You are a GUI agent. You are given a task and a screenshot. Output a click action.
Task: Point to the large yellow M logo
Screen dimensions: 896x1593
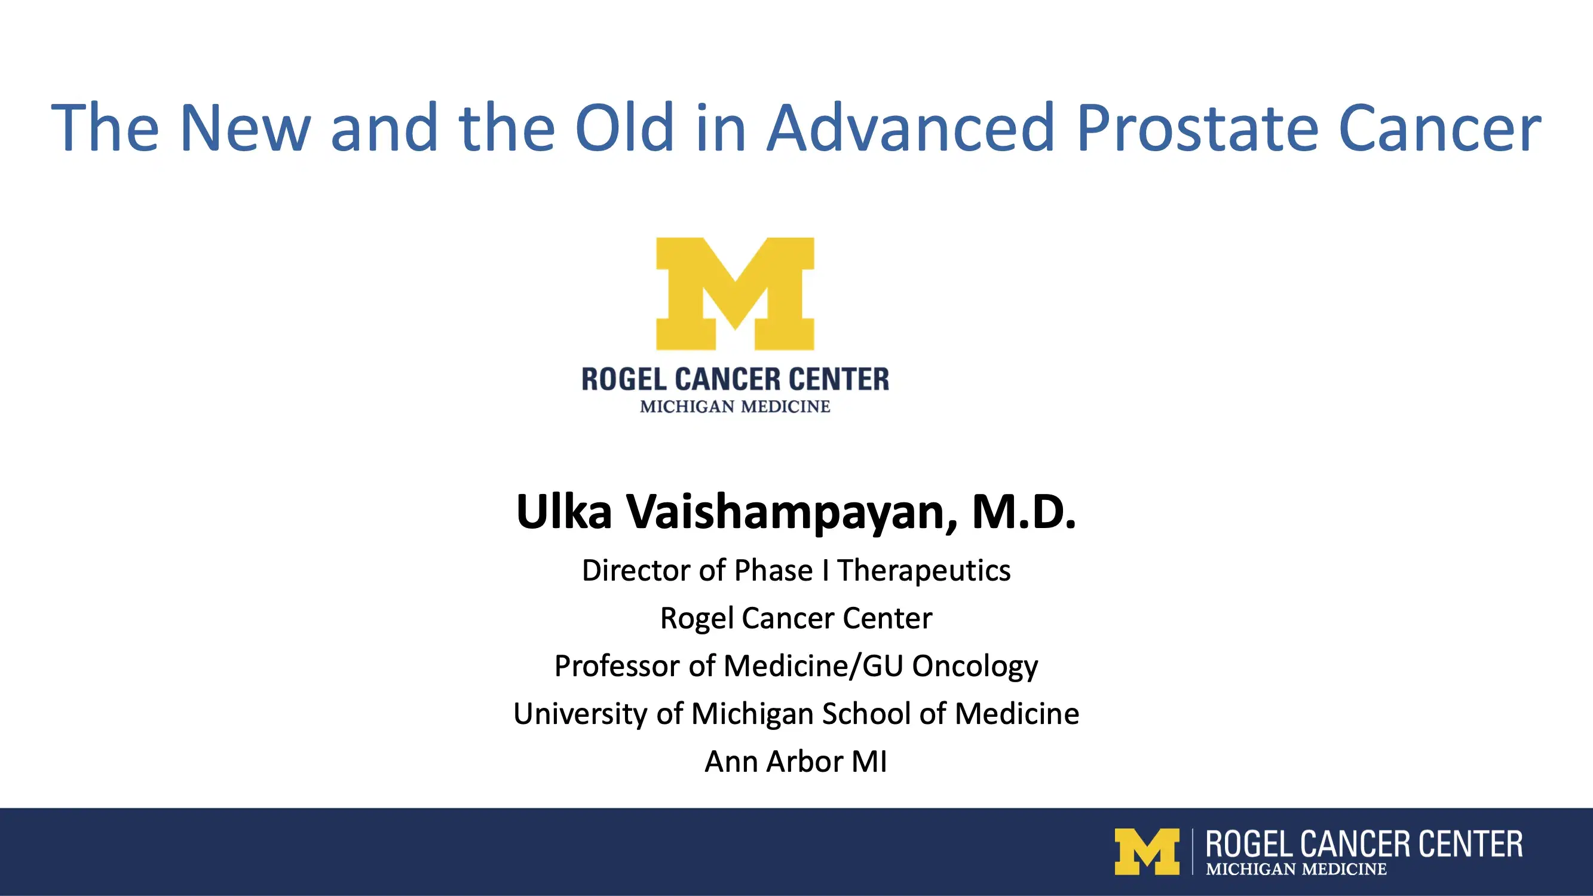[735, 293]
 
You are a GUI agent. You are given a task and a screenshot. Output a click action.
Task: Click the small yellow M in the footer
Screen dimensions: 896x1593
[1146, 851]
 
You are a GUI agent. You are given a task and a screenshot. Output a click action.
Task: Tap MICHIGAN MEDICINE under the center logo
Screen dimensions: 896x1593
[735, 407]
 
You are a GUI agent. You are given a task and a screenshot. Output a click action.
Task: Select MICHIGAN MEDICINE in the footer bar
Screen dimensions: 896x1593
[1295, 869]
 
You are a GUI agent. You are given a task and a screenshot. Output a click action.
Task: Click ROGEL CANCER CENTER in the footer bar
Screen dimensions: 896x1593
[1364, 844]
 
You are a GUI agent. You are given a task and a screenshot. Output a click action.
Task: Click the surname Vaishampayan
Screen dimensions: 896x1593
[792, 513]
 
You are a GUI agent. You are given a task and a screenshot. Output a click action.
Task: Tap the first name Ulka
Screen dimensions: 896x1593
[563, 513]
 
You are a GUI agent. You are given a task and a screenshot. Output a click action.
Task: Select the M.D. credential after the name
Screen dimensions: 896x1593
[1024, 513]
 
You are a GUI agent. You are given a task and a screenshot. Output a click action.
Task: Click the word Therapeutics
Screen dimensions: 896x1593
[924, 570]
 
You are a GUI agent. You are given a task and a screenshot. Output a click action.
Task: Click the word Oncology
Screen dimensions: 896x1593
[975, 667]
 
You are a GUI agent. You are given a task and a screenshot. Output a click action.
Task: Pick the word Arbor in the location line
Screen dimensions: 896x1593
[804, 761]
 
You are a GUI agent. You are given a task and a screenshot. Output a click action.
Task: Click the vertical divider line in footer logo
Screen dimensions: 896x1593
[1193, 851]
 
